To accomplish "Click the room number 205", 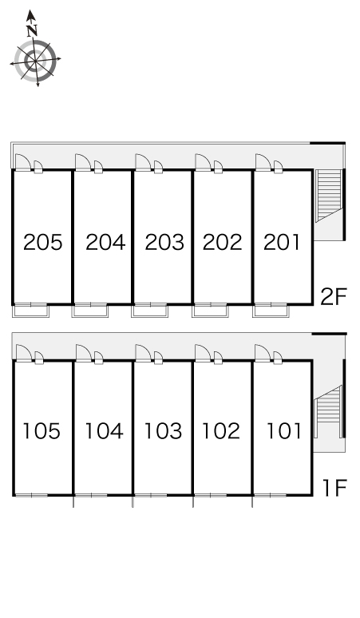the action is (43, 242).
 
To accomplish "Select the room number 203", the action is (164, 242).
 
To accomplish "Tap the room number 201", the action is (282, 242).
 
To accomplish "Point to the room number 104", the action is (105, 431).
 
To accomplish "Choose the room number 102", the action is (221, 431).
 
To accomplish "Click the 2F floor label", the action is (333, 297).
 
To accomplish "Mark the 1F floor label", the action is (334, 488).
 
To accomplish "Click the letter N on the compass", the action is (32, 30).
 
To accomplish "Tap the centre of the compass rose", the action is (35, 61).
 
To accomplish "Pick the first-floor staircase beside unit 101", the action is (328, 410).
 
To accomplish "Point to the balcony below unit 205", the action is (30, 311).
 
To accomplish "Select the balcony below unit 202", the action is (210, 311).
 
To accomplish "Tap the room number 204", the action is (105, 242).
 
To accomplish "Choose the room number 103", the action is (163, 431).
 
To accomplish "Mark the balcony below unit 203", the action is (150, 311).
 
